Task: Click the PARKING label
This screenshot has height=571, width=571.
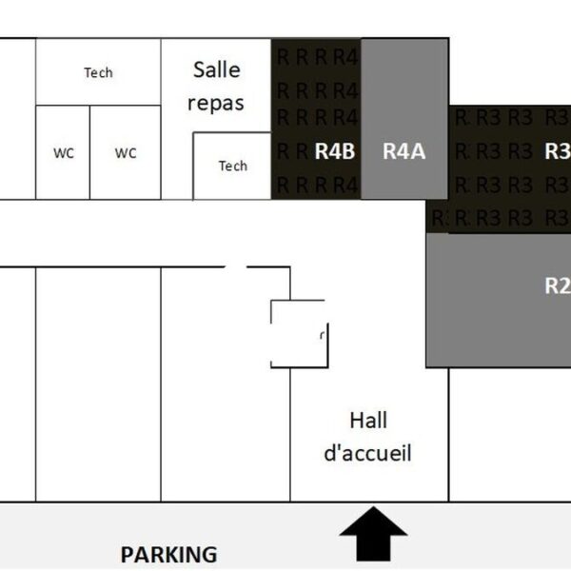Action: pyautogui.click(x=168, y=554)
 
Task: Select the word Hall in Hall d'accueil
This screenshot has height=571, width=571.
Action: pyautogui.click(x=368, y=420)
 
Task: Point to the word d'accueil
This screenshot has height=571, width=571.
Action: pyautogui.click(x=368, y=453)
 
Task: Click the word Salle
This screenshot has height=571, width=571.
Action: pyautogui.click(x=217, y=69)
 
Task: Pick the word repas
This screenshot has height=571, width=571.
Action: pyautogui.click(x=216, y=103)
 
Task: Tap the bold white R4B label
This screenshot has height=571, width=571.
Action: pyautogui.click(x=335, y=150)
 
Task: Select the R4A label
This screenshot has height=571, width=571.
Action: pyautogui.click(x=404, y=150)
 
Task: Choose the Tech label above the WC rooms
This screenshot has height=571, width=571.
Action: pyautogui.click(x=98, y=72)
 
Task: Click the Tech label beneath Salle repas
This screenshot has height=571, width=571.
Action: pyautogui.click(x=233, y=166)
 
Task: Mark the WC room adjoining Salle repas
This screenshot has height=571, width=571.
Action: pyautogui.click(x=126, y=152)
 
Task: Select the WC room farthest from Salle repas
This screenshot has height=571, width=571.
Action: pyautogui.click(x=64, y=152)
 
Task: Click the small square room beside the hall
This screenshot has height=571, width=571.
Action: pyautogui.click(x=298, y=333)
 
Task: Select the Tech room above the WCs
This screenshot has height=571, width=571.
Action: pyautogui.click(x=98, y=86)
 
